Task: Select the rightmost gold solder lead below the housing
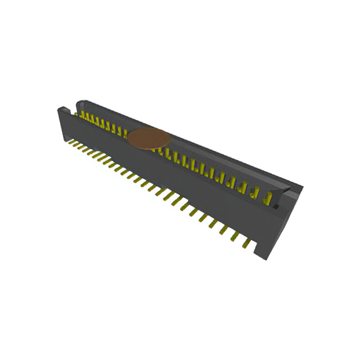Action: (246, 242)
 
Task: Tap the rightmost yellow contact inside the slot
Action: (269, 198)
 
